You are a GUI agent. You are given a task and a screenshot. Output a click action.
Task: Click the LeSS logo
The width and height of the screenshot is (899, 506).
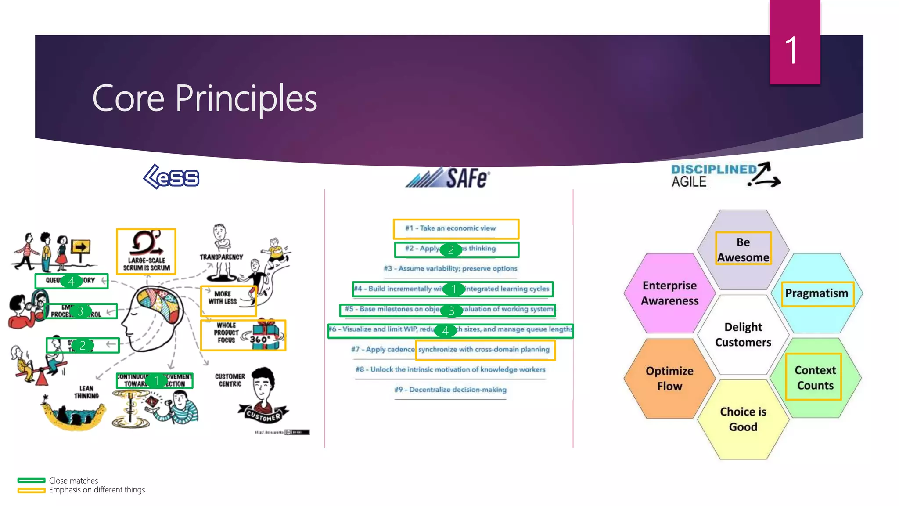172,177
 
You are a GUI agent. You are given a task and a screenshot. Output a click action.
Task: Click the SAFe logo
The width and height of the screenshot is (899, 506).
448,178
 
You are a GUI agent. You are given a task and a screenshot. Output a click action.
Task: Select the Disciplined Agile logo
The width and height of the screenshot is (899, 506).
726,176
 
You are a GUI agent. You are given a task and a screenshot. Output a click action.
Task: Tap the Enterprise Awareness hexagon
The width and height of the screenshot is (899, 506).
669,293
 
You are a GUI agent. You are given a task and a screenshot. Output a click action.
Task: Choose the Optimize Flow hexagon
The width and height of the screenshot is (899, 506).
669,378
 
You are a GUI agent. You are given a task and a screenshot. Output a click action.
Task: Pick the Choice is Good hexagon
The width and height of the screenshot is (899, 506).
743,419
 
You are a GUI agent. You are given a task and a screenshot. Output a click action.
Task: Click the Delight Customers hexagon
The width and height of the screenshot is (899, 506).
743,334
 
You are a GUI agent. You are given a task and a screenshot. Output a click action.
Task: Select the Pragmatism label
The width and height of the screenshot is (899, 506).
816,293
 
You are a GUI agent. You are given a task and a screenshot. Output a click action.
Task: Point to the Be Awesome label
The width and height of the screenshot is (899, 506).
743,249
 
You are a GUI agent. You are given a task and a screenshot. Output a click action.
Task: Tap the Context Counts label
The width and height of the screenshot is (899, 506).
815,377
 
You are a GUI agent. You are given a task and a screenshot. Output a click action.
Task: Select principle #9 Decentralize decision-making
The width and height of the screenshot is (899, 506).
450,390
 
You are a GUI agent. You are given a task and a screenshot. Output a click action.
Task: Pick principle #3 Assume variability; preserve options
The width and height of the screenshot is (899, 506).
450,268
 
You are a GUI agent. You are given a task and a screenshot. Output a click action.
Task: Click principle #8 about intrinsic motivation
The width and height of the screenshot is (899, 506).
450,369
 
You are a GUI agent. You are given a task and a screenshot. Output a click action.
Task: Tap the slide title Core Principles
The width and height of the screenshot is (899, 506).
205,98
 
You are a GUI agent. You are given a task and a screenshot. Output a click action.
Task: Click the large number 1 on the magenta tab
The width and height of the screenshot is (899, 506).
791,51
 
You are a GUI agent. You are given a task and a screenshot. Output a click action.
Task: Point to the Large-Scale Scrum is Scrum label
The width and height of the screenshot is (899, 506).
146,264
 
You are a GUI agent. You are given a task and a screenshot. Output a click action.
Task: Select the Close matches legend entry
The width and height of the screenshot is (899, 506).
73,481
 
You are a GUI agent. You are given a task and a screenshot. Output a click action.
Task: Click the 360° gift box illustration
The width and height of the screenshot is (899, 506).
265,335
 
